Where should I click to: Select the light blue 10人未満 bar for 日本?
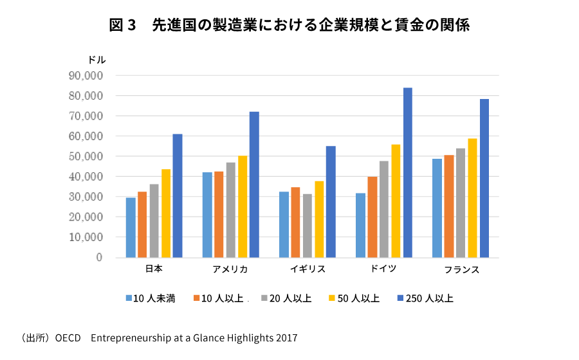coord(131,228)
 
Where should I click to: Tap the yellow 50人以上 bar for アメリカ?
coord(243,206)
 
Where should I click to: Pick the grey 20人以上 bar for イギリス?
coord(307,226)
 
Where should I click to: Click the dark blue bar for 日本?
coord(178,195)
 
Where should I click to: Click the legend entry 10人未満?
coord(151,298)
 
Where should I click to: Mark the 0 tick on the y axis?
coord(99,257)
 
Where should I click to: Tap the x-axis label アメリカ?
coord(230,269)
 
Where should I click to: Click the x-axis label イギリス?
coord(307,269)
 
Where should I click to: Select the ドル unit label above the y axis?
coord(96,59)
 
